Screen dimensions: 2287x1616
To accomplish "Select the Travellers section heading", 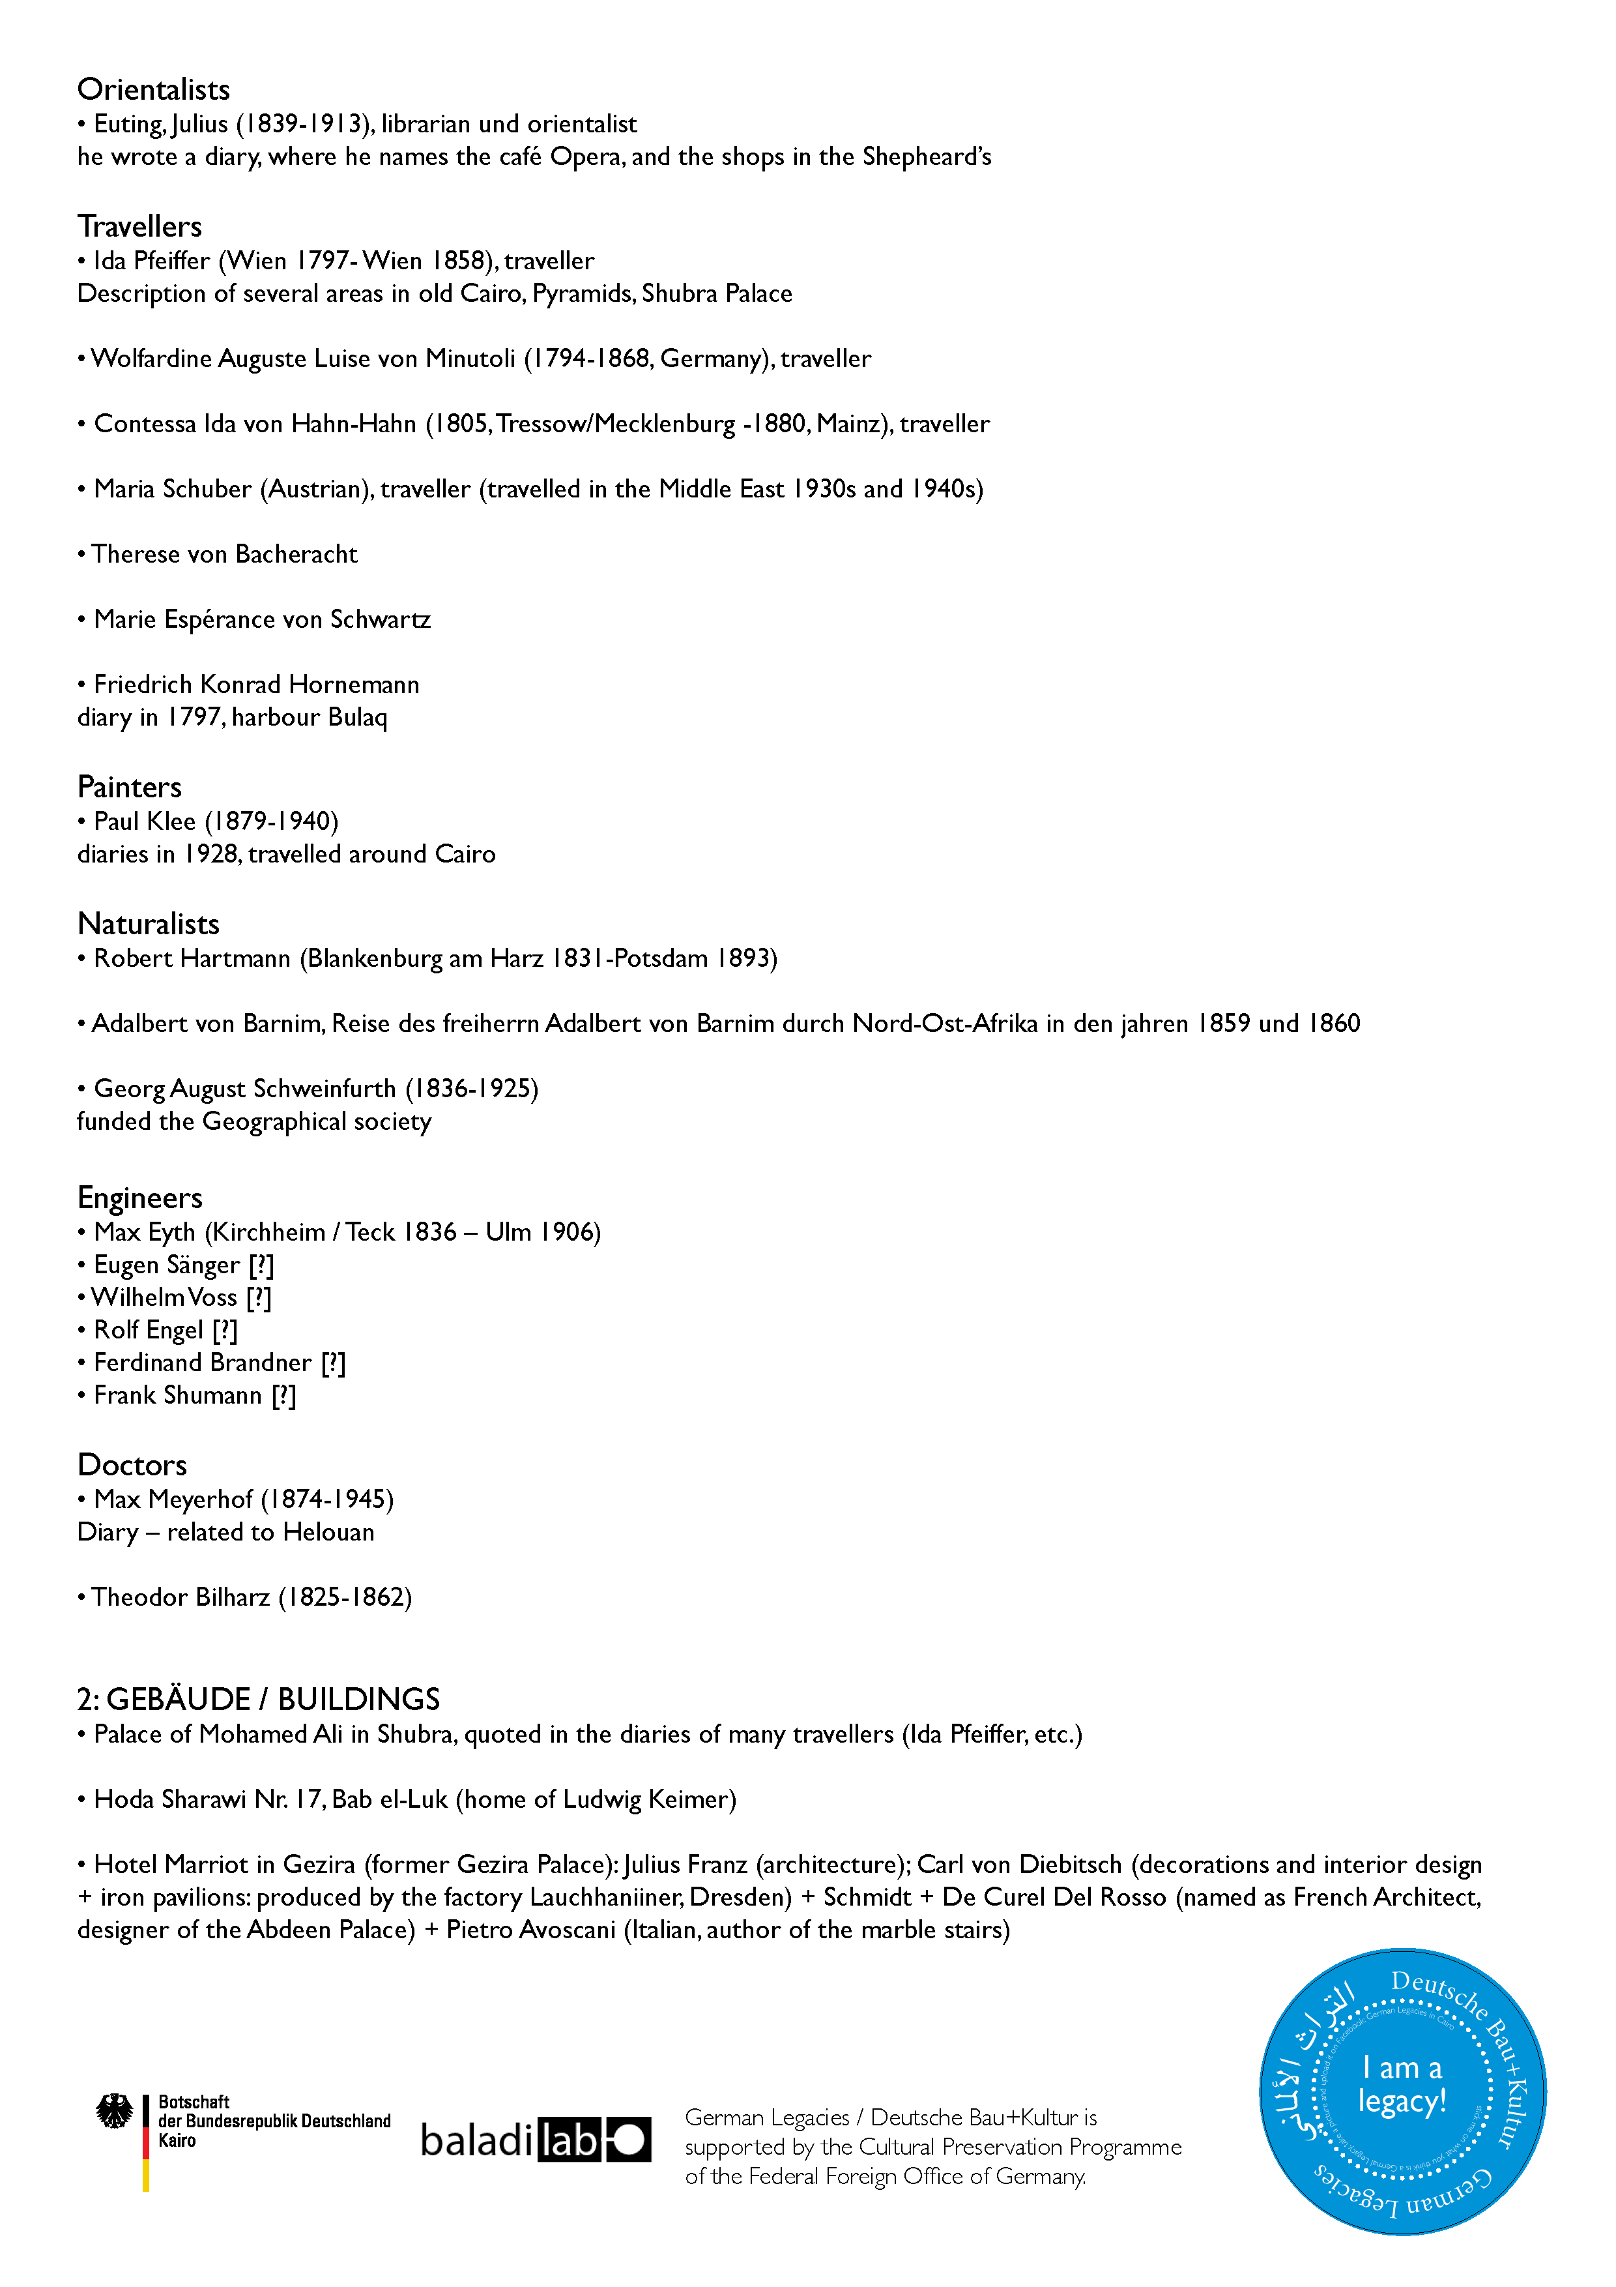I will (x=139, y=226).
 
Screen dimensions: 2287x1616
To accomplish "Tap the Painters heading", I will (x=130, y=787).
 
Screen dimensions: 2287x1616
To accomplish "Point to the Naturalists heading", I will (x=149, y=923).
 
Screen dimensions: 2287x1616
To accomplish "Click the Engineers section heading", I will (x=139, y=1198).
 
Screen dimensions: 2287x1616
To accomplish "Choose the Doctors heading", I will (x=132, y=1464).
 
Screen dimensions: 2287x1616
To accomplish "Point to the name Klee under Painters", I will (x=171, y=821).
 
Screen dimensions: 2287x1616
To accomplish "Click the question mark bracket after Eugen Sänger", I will (x=261, y=1265).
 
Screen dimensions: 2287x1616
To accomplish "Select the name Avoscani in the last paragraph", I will (x=566, y=1930).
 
